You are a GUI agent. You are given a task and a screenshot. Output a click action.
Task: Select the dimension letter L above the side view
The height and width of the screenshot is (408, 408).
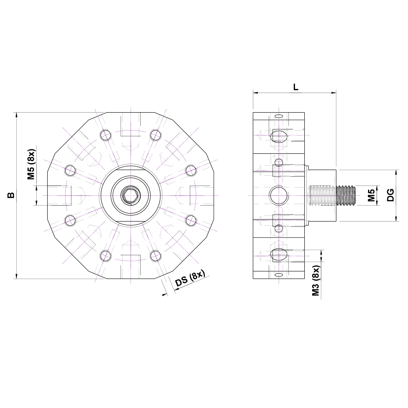tap(296, 86)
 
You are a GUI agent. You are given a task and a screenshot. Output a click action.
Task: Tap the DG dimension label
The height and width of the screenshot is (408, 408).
tap(390, 195)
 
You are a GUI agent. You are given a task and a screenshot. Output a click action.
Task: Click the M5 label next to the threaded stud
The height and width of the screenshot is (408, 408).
tap(371, 195)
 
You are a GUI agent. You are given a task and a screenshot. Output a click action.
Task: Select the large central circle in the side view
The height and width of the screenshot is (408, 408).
tap(279, 195)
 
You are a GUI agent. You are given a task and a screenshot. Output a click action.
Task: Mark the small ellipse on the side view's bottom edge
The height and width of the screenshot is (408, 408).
tap(279, 275)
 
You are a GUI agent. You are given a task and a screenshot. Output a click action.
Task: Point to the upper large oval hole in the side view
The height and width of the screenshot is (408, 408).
tap(279, 136)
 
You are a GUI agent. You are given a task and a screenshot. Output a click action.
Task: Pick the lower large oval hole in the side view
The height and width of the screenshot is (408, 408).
tap(279, 255)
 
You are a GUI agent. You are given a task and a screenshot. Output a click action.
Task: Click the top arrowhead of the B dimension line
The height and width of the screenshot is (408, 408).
tap(17, 115)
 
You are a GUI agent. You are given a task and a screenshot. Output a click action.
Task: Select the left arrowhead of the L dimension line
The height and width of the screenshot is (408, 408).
tap(256, 93)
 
